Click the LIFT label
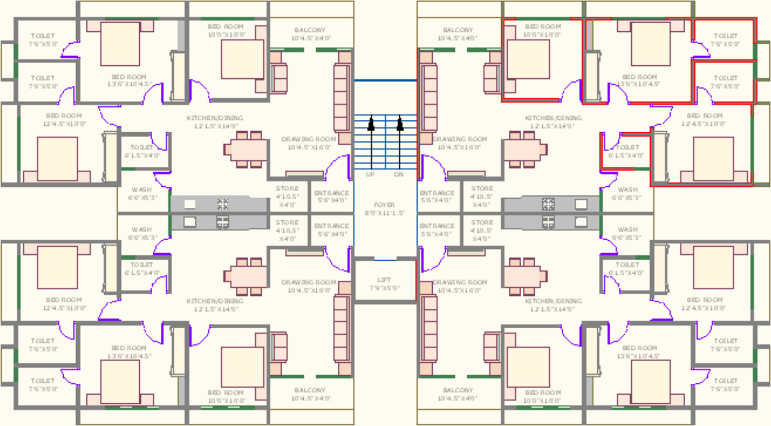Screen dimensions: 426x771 click(384, 280)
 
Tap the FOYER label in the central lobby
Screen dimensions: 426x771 click(384, 205)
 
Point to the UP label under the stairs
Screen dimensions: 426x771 click(371, 174)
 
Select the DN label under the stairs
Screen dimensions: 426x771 click(399, 174)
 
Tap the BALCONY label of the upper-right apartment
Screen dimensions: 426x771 click(457, 30)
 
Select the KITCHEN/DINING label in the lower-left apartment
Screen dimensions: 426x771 click(215, 301)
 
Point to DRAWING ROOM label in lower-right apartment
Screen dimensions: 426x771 click(460, 282)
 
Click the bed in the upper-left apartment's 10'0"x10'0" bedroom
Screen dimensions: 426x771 click(242, 59)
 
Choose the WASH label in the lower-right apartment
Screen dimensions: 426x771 click(628, 229)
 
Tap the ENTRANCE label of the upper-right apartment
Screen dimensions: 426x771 click(437, 193)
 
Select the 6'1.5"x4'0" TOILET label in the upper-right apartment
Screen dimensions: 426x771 click(628, 148)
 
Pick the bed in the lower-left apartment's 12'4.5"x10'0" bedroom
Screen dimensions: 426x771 click(57, 267)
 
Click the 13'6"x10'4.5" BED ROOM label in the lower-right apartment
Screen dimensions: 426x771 click(639, 348)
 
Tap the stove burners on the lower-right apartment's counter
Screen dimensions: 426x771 click(548, 222)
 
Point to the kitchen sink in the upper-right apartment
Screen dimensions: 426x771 click(581, 204)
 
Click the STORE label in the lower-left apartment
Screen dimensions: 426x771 click(287, 222)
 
